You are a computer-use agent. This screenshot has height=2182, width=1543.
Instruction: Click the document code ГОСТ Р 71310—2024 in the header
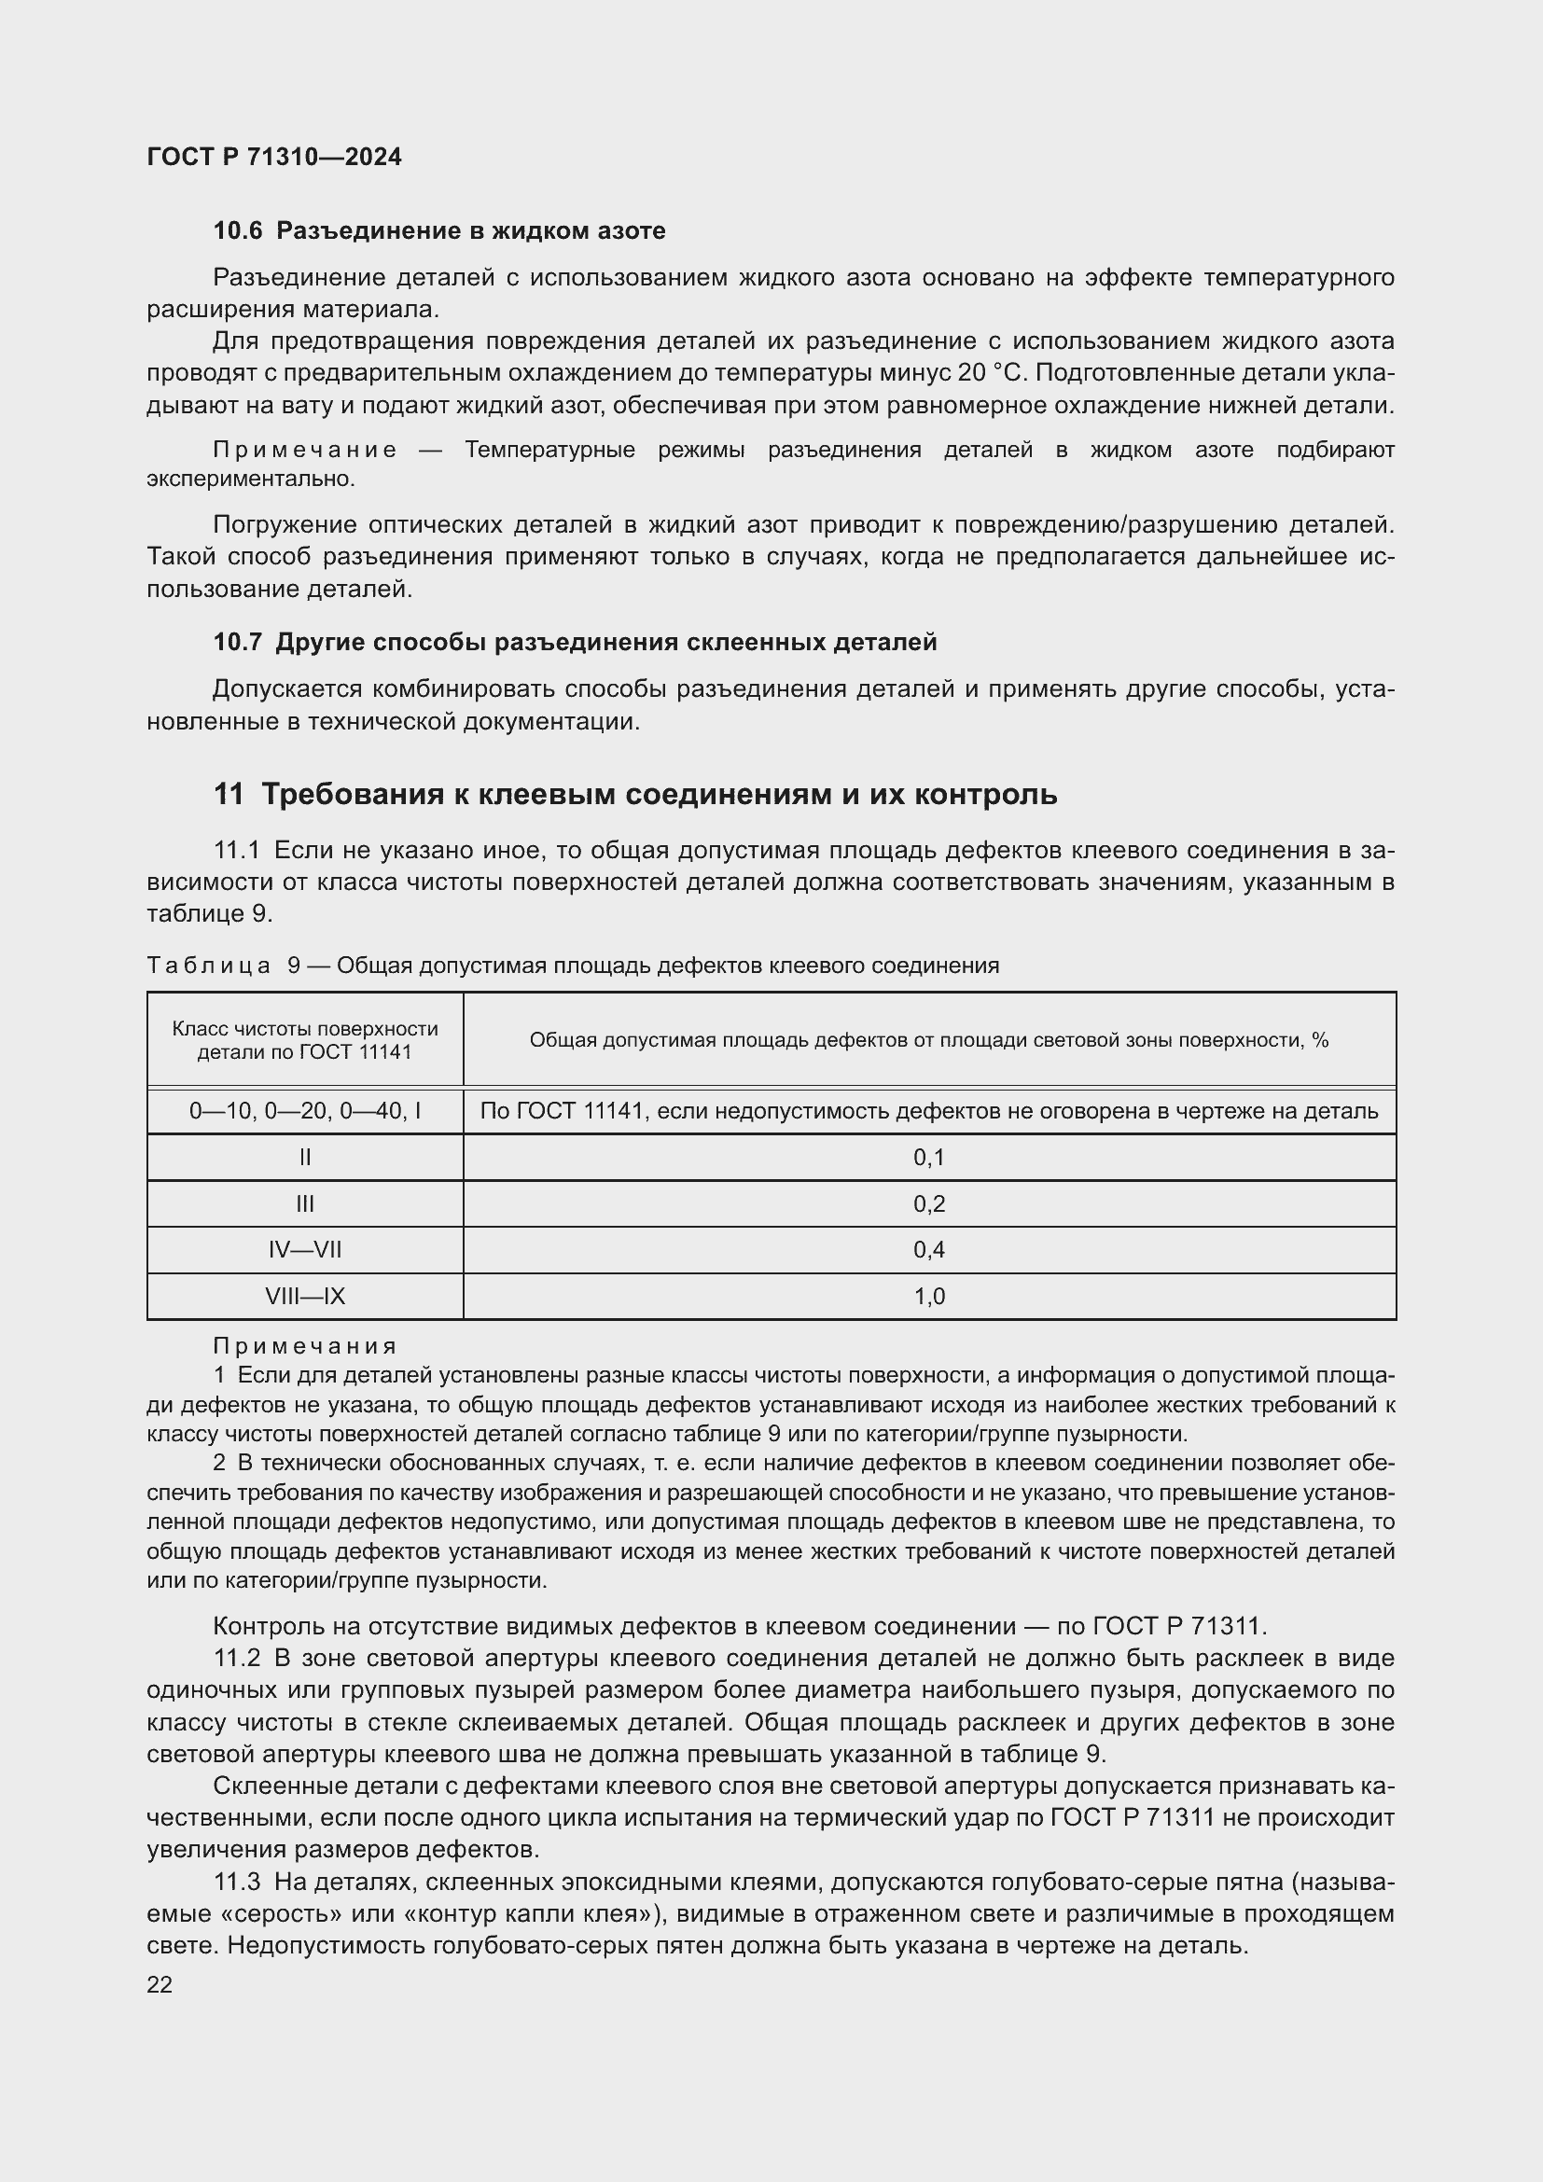[273, 157]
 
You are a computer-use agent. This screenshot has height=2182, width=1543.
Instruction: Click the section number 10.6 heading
[238, 231]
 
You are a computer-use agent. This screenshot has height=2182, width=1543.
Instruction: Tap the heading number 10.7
[238, 643]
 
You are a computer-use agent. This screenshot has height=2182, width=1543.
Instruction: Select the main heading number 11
[228, 794]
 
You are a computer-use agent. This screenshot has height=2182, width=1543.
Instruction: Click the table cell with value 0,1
[928, 1158]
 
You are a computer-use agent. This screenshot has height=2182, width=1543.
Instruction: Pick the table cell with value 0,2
[928, 1204]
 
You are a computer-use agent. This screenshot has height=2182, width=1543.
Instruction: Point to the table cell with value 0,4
[928, 1250]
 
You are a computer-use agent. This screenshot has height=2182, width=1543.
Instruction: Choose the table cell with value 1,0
[928, 1297]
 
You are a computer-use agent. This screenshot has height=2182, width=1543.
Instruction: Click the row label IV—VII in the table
[305, 1250]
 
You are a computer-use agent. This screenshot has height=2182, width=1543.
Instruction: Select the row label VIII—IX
[305, 1297]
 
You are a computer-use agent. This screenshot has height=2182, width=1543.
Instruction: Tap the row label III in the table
[305, 1204]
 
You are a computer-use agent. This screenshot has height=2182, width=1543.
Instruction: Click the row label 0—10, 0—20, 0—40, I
[305, 1111]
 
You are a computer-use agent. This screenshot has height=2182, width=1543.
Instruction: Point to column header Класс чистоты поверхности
[305, 1029]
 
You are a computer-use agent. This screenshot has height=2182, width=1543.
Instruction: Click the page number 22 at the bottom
[160, 1984]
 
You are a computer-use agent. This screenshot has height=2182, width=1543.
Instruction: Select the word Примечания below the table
[304, 1346]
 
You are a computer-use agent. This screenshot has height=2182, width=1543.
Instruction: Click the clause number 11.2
[237, 1659]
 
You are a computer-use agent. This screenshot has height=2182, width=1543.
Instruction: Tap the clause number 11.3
[237, 1882]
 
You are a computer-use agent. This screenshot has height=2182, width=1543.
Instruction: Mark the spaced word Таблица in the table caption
[209, 966]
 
